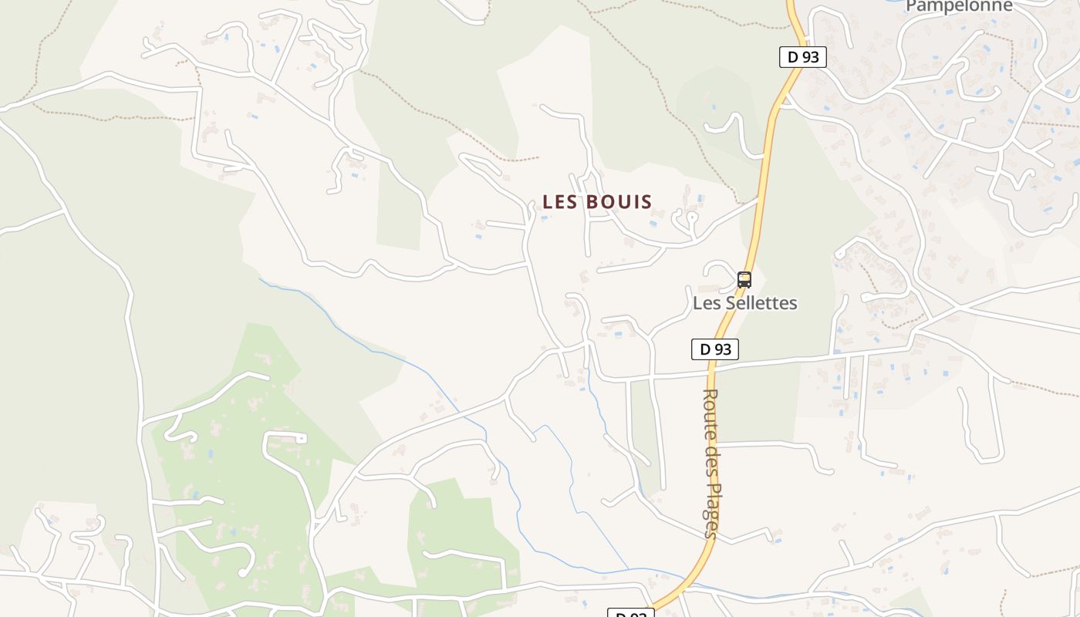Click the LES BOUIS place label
[597, 202]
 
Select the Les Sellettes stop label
[744, 303]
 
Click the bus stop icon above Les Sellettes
[744, 279]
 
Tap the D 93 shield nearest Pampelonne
[802, 56]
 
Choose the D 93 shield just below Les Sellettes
[714, 349]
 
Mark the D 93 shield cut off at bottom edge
[631, 614]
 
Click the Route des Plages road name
[710, 463]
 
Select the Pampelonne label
[959, 6]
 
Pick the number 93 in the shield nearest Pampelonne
[811, 56]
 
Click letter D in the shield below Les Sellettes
[704, 349]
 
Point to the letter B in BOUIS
[592, 202]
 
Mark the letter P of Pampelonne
[911, 6]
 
